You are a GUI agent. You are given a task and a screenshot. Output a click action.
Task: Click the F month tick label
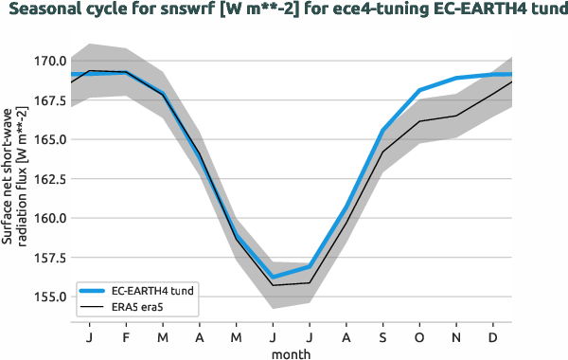pos(126,336)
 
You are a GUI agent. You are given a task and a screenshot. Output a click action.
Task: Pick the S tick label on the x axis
pos(383,336)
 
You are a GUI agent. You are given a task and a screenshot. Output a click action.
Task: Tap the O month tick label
pos(420,336)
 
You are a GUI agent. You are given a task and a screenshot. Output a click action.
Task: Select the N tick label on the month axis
pos(457,336)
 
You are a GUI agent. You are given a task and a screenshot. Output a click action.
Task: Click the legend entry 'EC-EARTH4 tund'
pos(151,290)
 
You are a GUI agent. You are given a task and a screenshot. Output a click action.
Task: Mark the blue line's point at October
pos(420,90)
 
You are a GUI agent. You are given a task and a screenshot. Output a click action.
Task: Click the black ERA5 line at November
pos(457,116)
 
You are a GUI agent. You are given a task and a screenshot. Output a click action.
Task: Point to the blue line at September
pos(383,130)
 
